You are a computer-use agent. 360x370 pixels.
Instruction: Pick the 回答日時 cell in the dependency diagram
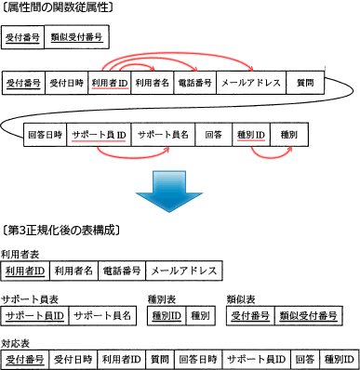click(x=46, y=134)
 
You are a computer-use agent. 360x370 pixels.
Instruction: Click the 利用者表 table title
click(x=20, y=253)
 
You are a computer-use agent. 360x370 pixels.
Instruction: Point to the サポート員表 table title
click(x=29, y=299)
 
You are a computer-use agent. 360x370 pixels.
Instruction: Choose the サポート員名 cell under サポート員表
click(x=101, y=316)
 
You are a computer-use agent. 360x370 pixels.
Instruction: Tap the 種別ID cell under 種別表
click(x=166, y=316)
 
